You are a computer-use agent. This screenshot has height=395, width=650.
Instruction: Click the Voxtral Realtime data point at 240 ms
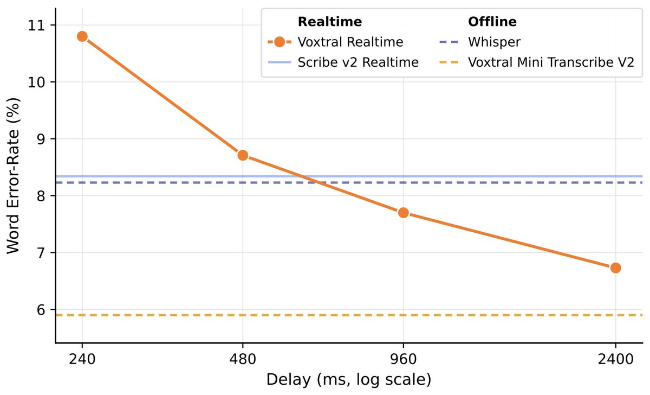(x=82, y=36)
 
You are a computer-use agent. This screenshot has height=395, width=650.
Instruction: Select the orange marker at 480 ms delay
(x=243, y=155)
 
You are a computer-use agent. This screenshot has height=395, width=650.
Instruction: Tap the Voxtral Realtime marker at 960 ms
(x=403, y=213)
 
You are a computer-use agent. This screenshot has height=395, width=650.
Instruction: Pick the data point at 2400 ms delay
(x=615, y=267)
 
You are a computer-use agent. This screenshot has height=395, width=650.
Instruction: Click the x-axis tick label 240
(x=82, y=359)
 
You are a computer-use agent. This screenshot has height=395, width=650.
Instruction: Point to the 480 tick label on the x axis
(x=243, y=359)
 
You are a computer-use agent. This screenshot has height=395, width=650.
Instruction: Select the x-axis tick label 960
(x=403, y=359)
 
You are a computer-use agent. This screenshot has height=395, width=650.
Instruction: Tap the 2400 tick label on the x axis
(x=615, y=359)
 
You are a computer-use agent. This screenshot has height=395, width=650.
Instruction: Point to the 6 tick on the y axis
(x=43, y=310)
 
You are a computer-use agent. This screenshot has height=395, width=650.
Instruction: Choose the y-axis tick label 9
(x=43, y=139)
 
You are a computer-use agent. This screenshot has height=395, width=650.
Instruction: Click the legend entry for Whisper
(x=491, y=42)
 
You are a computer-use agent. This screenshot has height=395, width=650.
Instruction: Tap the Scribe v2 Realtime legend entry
(x=358, y=62)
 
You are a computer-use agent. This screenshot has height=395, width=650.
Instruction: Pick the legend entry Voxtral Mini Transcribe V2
(x=551, y=62)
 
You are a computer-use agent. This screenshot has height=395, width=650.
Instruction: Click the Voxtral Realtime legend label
(x=350, y=42)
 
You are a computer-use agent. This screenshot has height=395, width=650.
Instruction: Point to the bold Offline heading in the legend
(x=492, y=22)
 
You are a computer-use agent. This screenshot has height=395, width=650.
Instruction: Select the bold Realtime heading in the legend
(x=330, y=22)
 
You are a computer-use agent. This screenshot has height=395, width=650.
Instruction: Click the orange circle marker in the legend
(x=279, y=42)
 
